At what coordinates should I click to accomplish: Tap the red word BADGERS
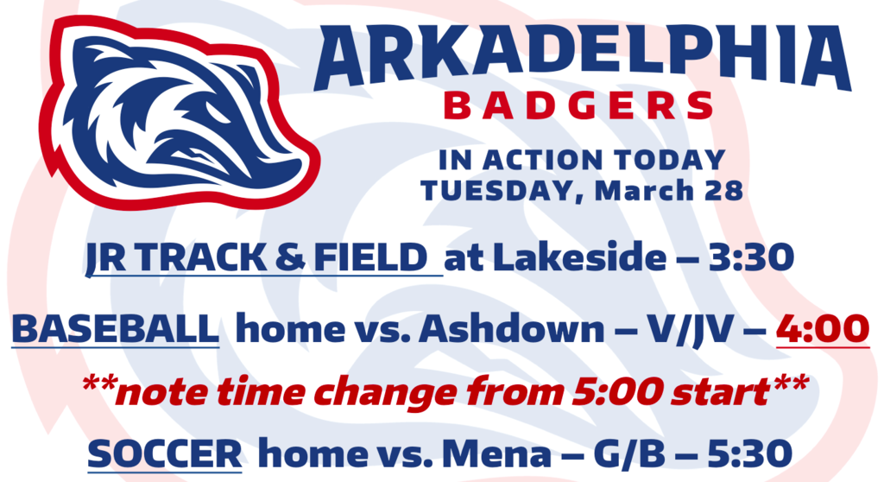tap(579, 106)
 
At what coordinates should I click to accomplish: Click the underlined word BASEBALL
tap(116, 328)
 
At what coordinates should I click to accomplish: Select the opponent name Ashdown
tap(511, 328)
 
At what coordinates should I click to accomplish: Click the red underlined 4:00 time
tap(823, 328)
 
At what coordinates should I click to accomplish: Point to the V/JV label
tap(690, 328)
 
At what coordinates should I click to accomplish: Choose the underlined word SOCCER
tap(165, 454)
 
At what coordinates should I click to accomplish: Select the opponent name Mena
tap(496, 454)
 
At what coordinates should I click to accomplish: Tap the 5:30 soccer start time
tap(750, 454)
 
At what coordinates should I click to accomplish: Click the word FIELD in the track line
tap(370, 257)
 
